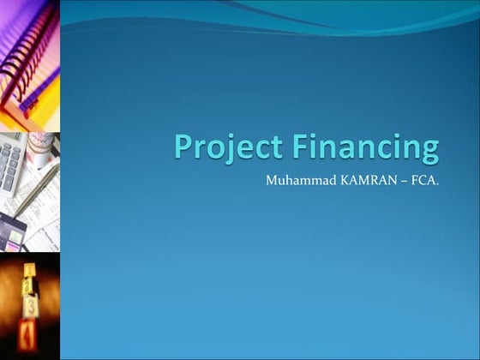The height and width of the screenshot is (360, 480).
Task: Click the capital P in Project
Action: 183,146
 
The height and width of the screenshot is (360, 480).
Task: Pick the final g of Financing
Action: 429,152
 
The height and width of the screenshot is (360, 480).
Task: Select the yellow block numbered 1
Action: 28,275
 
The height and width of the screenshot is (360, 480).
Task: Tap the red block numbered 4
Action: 29,329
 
